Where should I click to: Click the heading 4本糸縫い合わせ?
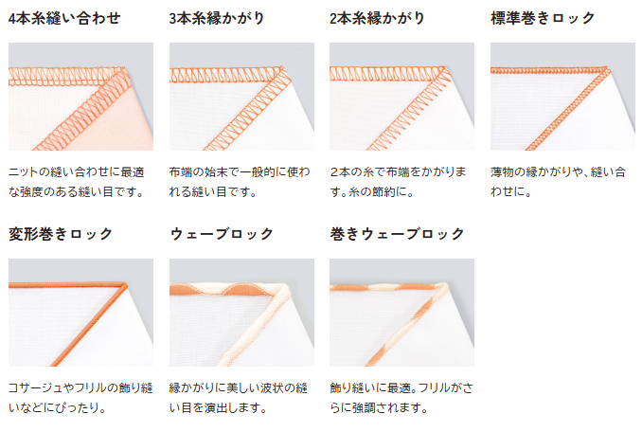click(64, 18)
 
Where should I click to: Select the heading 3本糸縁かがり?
click(217, 18)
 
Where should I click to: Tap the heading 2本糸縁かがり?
click(377, 18)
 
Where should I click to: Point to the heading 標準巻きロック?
click(543, 18)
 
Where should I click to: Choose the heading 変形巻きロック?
click(61, 234)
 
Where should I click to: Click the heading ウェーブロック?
click(222, 234)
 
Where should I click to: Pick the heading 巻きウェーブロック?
click(397, 234)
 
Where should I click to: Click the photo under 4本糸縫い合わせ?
click(80, 97)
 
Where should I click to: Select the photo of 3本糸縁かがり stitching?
click(241, 97)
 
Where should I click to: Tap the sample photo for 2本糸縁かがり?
click(401, 97)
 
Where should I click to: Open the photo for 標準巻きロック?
click(562, 97)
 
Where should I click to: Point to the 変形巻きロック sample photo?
click(80, 313)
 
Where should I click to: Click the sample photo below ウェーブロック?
click(241, 313)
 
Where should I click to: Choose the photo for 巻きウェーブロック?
click(401, 313)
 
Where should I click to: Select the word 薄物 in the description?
click(502, 172)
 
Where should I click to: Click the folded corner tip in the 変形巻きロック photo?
click(126, 284)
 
